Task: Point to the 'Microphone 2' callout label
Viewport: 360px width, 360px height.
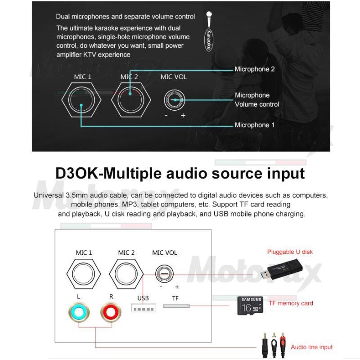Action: click(x=254, y=69)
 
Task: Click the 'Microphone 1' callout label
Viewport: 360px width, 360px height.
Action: click(x=254, y=125)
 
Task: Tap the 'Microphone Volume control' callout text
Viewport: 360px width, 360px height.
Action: click(x=256, y=100)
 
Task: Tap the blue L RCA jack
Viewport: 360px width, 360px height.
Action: click(x=79, y=311)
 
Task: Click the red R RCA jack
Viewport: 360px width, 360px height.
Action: click(x=112, y=311)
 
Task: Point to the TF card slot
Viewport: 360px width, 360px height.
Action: click(x=176, y=306)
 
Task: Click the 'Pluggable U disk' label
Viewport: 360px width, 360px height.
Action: click(x=290, y=252)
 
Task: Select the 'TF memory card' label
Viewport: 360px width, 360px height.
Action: click(x=291, y=303)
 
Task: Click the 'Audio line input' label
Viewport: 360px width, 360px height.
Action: click(x=311, y=347)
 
